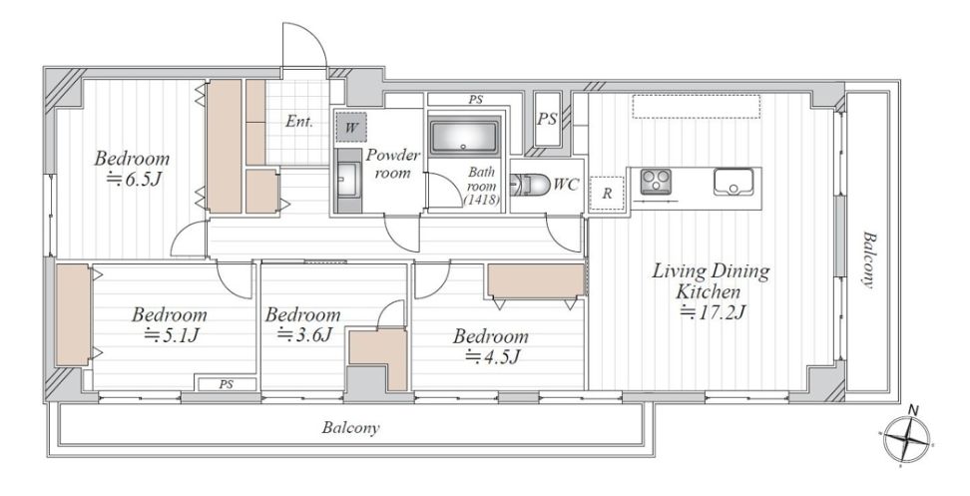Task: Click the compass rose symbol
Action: coord(907,438)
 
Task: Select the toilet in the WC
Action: coord(531,185)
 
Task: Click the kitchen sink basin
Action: coord(733,182)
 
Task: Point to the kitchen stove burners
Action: coord(655,183)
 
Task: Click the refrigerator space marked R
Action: coord(607,193)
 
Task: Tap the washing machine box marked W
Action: coord(350,128)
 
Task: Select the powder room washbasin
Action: coord(347,181)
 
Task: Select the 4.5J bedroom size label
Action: coord(491,357)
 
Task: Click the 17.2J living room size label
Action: coord(712,312)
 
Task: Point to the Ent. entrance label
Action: coord(298,122)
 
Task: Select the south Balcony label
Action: coord(350,428)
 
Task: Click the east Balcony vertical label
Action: coord(868,260)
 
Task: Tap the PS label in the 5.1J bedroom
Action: coord(227,384)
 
